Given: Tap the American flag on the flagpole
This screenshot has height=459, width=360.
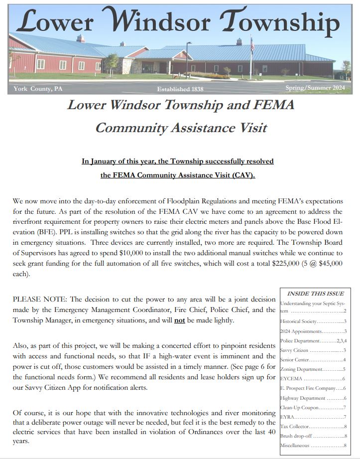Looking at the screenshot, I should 252,46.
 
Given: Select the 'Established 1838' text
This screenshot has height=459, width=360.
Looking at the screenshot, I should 180,89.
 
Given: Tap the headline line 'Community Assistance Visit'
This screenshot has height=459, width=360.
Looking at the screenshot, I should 181,128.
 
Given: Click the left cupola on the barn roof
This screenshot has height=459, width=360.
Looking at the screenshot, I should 80,38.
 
